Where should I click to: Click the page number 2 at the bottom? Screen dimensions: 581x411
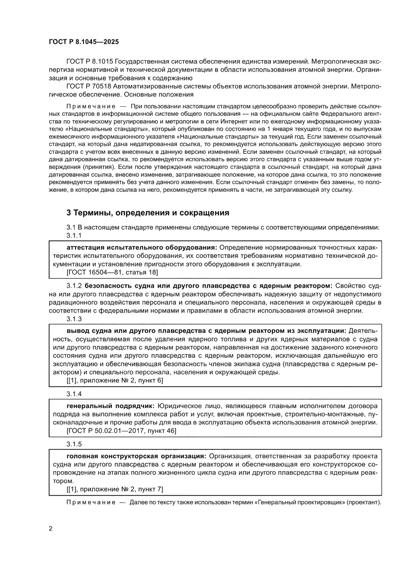pos(51,527)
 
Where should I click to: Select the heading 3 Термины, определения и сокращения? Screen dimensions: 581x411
pos(148,213)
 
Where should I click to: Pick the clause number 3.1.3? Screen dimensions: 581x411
pos(74,319)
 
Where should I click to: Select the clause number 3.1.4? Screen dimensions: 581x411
pos(74,393)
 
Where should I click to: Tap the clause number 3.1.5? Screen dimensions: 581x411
pos(74,444)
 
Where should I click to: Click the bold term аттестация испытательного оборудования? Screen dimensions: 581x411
pos(142,247)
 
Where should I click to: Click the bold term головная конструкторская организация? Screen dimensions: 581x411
pos(136,456)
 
